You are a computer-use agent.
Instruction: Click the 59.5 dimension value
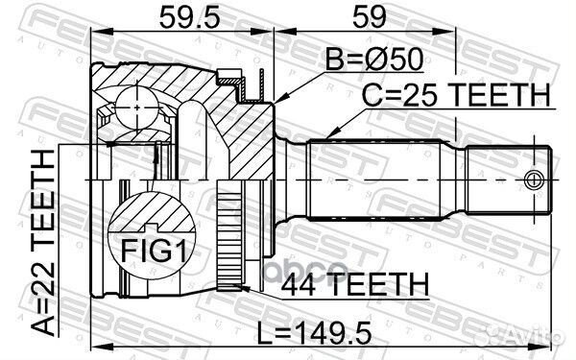[x=189, y=17]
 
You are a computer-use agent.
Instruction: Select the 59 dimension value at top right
[x=370, y=17]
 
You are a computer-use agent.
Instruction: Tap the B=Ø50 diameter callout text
[x=374, y=60]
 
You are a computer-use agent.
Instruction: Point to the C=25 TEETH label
[x=456, y=95]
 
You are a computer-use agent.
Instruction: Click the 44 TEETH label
[x=355, y=284]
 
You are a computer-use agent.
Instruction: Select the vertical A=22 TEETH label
[x=42, y=243]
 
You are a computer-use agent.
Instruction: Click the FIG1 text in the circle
[x=154, y=251]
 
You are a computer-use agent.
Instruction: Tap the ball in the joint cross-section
[x=137, y=108]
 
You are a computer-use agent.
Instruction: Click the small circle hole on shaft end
[x=534, y=180]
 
